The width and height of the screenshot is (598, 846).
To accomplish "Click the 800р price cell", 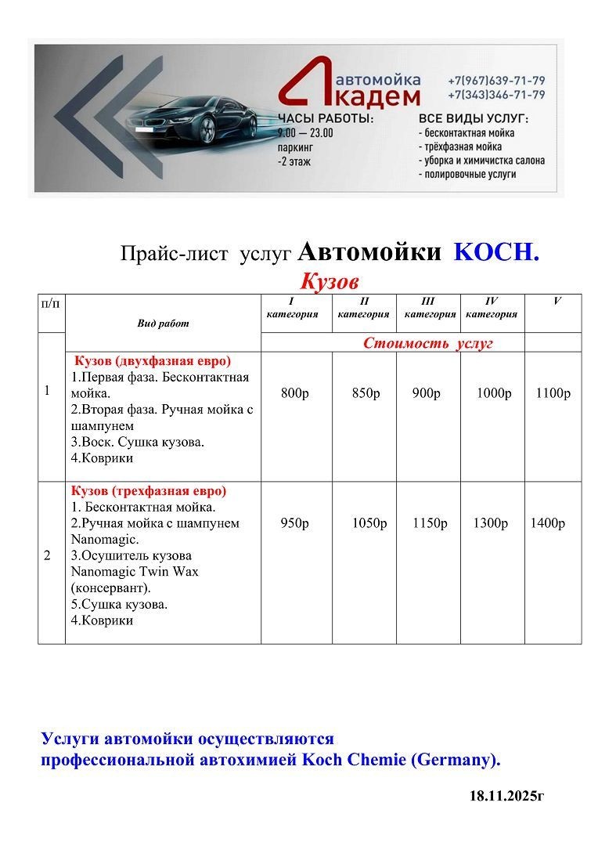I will [294, 393].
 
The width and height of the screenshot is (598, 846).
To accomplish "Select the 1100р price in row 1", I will [553, 393].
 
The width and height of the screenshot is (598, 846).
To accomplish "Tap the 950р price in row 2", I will [294, 523].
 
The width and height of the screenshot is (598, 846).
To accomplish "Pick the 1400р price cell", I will [547, 523].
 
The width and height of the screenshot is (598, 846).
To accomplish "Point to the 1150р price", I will [430, 523].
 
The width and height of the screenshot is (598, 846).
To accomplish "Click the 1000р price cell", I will [494, 393].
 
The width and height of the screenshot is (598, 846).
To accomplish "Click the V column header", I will [557, 301].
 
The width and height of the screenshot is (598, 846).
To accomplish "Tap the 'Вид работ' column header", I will [163, 323].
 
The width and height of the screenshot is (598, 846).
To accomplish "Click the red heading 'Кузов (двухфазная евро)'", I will [153, 360].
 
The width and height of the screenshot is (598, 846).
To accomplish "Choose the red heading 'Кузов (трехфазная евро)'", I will [149, 491].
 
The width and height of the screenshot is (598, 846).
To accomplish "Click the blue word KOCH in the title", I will [496, 252].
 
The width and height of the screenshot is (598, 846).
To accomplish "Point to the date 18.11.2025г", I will [506, 796].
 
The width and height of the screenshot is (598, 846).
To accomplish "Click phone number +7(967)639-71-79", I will [496, 81].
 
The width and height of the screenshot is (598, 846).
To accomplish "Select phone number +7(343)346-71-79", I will [496, 95].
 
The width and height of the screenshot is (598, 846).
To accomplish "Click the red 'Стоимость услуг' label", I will [428, 343].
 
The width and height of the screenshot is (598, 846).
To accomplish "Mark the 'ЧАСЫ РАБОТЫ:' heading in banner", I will [326, 118].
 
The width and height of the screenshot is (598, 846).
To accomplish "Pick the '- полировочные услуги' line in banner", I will [467, 175].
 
